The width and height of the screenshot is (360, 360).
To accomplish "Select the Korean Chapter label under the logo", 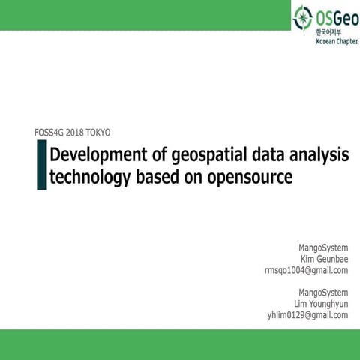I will click(335, 42).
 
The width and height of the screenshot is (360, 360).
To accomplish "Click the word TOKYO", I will click(97, 133).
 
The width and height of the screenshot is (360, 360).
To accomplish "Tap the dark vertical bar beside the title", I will click(41, 165).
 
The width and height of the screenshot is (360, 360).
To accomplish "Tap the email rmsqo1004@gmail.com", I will click(307, 270).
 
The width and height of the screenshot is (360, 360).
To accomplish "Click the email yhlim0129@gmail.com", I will click(308, 315).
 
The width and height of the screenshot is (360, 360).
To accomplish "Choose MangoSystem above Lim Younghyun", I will click(323, 292).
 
